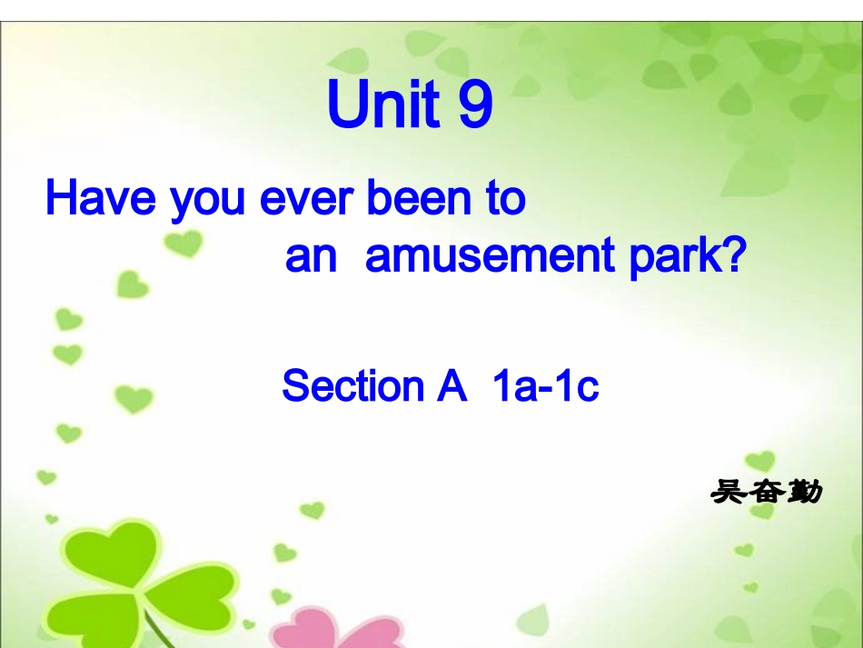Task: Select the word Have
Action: [100, 197]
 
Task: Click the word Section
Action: [352, 386]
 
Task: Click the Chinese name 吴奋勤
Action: [766, 492]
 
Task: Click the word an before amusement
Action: [311, 259]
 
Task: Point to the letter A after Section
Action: [451, 386]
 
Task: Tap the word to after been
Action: [505, 197]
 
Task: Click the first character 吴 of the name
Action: [727, 492]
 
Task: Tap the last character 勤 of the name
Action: [804, 492]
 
